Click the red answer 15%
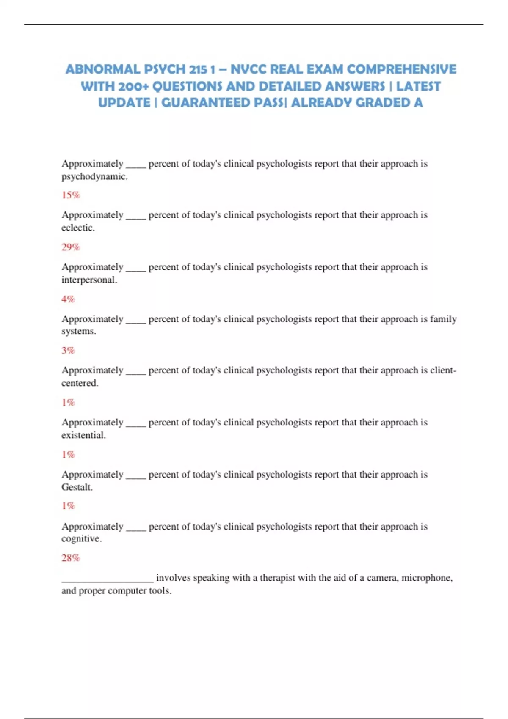click(x=70, y=195)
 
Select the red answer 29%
click(x=70, y=247)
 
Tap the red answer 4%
click(x=68, y=299)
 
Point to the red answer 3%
click(x=68, y=350)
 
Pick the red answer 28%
click(x=70, y=558)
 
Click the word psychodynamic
click(x=94, y=176)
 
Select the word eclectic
click(x=77, y=228)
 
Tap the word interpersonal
click(x=88, y=280)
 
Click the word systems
click(x=78, y=331)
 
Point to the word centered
click(x=79, y=383)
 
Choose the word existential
click(x=83, y=435)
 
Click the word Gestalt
click(x=77, y=487)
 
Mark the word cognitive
click(x=81, y=539)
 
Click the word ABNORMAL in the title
click(x=102, y=69)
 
